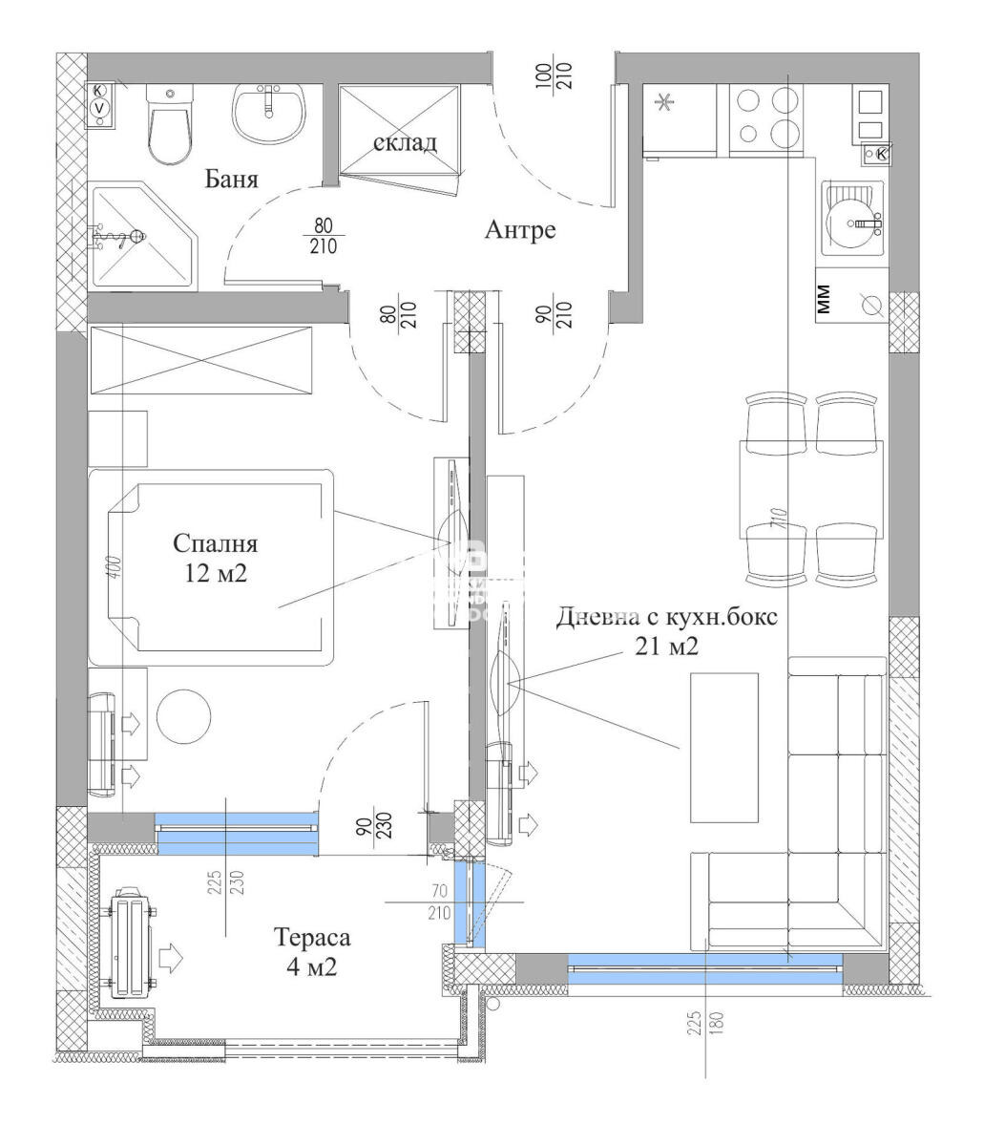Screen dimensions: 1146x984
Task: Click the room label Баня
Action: (x=232, y=180)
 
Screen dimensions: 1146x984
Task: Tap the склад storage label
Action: (x=405, y=143)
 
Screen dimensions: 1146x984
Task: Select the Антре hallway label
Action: (x=519, y=230)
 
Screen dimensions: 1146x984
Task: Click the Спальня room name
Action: (x=215, y=543)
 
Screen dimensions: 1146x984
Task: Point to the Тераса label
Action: (x=312, y=938)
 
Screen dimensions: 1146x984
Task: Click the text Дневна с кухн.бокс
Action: (x=667, y=617)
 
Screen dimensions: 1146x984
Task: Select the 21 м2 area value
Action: (x=668, y=647)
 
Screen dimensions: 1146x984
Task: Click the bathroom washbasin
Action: (x=270, y=113)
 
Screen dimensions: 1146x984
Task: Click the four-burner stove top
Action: (x=765, y=118)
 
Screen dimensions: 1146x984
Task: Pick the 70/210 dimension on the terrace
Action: (x=439, y=900)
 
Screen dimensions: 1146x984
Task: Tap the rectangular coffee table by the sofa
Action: (x=724, y=747)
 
